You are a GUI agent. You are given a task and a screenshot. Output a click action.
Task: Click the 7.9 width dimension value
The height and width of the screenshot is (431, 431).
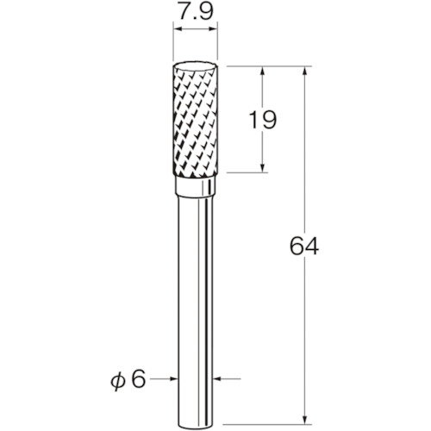[196, 12]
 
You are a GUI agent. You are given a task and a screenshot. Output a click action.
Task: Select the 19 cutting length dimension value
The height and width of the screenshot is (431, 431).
[262, 120]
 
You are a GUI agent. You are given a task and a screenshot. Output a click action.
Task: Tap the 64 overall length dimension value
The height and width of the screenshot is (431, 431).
[304, 246]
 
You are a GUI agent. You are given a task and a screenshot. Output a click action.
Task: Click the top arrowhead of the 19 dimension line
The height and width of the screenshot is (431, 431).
[262, 72]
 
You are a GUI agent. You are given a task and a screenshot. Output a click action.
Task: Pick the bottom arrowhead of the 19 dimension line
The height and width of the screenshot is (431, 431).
[262, 168]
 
